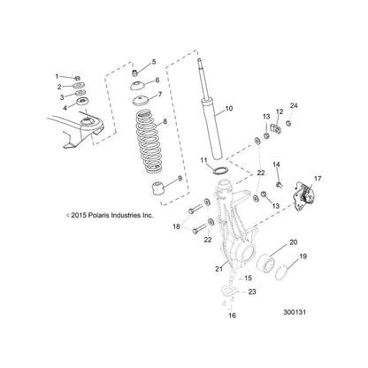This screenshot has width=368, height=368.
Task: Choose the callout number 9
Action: (180, 180)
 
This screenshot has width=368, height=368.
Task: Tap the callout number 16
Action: (233, 314)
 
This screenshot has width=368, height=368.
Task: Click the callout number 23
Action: (252, 291)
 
